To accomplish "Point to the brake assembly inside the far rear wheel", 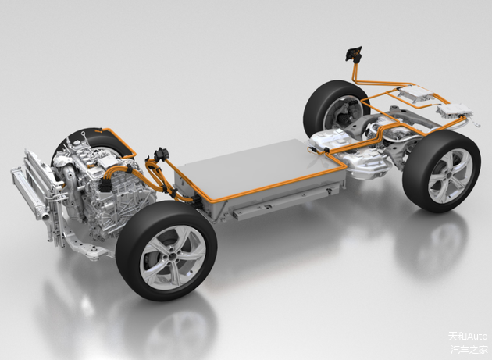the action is (348, 114).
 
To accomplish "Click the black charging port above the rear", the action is (353, 53).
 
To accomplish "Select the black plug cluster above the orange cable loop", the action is (162, 154).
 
